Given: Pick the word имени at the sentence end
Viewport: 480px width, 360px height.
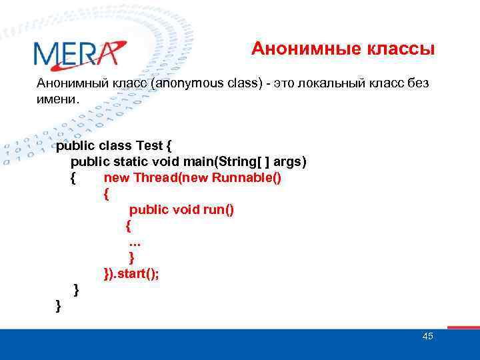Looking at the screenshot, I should click(57, 99).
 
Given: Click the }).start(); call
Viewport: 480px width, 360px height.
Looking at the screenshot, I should click(131, 273).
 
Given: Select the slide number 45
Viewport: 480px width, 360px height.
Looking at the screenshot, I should click(427, 336).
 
